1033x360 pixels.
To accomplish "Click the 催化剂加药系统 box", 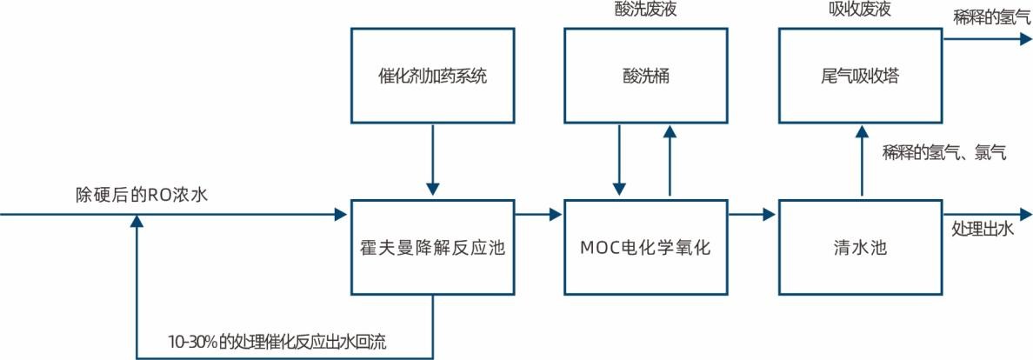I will pyautogui.click(x=432, y=76).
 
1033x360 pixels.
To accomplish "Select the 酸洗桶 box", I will pyautogui.click(x=645, y=76).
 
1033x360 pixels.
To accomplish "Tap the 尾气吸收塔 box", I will pyautogui.click(x=860, y=76).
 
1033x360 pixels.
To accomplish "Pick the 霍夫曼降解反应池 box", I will pyautogui.click(x=432, y=248).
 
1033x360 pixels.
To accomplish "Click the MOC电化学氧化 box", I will pyautogui.click(x=645, y=248).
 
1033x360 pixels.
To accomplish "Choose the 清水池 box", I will pyautogui.click(x=860, y=248).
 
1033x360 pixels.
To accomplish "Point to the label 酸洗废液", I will pyautogui.click(x=645, y=10).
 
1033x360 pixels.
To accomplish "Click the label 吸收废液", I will pyautogui.click(x=860, y=10).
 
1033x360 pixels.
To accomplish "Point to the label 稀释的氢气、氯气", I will pyautogui.click(x=943, y=153).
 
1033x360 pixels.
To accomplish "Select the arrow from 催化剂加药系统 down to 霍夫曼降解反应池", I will pyautogui.click(x=432, y=161).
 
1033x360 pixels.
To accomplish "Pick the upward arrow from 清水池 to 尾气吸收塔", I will pyautogui.click(x=861, y=161).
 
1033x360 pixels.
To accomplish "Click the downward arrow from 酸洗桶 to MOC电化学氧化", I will pyautogui.click(x=620, y=161).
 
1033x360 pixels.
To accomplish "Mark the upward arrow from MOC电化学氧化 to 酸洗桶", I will pyautogui.click(x=670, y=161).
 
